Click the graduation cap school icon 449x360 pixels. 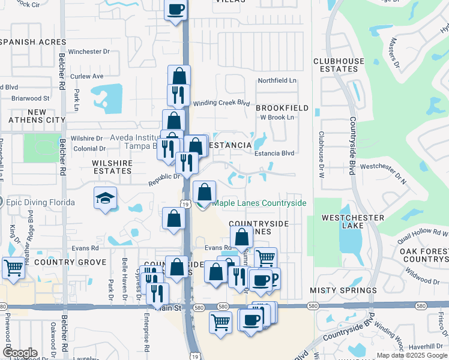click(x=105, y=198)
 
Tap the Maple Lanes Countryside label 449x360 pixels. click(x=259, y=203)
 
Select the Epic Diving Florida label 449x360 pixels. click(x=40, y=202)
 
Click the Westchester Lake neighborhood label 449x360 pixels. click(x=353, y=222)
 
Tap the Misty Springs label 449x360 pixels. click(x=343, y=290)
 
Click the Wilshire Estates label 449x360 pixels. click(x=112, y=167)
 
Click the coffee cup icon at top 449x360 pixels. click(x=175, y=10)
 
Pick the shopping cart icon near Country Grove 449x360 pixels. click(x=13, y=267)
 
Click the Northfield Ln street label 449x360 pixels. click(x=277, y=80)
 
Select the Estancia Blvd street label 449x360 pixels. click(x=274, y=153)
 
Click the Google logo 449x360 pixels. click(x=20, y=353)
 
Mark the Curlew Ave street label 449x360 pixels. click(x=87, y=76)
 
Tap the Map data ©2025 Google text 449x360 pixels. click(x=412, y=355)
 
